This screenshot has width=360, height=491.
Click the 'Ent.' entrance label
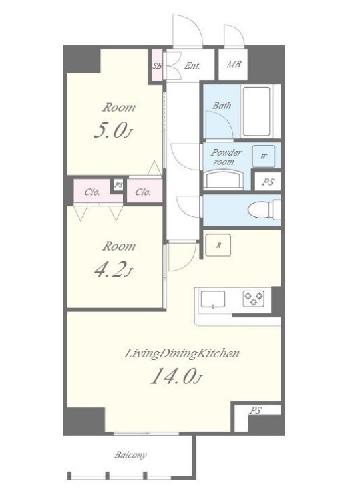[x=192, y=66]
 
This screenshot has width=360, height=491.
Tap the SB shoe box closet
[x=158, y=65]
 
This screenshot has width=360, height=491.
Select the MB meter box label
[x=234, y=65]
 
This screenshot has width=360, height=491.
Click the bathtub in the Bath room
[x=256, y=111]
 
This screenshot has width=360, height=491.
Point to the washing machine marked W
[x=264, y=156]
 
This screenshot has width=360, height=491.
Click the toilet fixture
[x=264, y=209]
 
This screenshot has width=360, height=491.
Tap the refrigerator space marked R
[x=218, y=246]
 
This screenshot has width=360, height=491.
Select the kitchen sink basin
[x=213, y=300]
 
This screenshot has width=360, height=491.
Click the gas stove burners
[x=254, y=299]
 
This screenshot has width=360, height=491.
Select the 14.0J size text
[x=176, y=376]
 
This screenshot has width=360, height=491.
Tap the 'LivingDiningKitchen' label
[x=182, y=354]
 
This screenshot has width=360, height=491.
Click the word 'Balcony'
[x=130, y=455]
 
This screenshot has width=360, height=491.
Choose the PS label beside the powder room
[x=268, y=182]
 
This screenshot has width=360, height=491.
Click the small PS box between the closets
[x=118, y=185]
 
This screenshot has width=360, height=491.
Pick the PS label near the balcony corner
[x=255, y=411]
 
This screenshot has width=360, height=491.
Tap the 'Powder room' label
[x=226, y=157]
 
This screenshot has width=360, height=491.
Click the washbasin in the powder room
[x=224, y=180]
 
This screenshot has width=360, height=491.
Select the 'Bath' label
[x=222, y=106]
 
